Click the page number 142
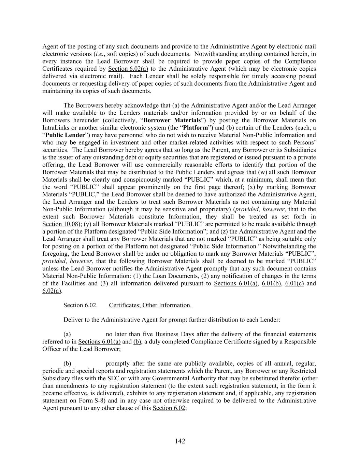click(x=180, y=441)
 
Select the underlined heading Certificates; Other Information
click(x=150, y=305)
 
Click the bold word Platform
click(x=196, y=128)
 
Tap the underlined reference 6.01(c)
click(x=294, y=283)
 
